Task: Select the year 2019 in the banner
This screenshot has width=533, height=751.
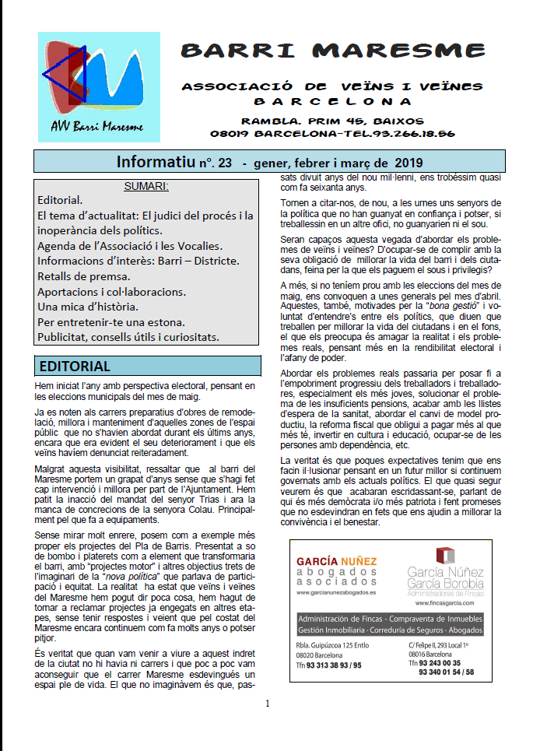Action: [406, 163]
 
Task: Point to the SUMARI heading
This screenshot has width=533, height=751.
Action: [146, 187]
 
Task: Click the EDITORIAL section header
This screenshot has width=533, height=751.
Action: [75, 366]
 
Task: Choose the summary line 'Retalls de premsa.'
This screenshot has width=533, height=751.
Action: [84, 275]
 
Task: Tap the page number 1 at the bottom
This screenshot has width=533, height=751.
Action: [267, 704]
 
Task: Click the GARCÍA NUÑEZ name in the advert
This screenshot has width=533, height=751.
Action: [337, 561]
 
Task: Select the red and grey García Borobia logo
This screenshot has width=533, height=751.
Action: [444, 556]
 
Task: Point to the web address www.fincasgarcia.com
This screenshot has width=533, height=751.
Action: [445, 602]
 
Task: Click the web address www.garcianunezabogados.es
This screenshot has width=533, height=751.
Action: [336, 592]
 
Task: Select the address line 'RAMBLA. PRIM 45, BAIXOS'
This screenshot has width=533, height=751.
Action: [332, 121]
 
